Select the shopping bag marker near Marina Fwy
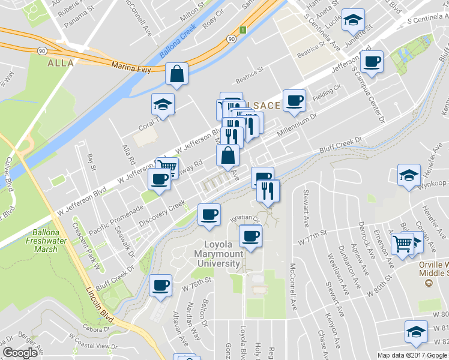[x=177, y=76]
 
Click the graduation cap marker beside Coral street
[x=163, y=106]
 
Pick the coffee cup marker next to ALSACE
[x=294, y=101]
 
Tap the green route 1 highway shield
[x=242, y=30]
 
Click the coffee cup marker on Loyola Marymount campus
[x=250, y=236]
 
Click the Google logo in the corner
[x=20, y=353]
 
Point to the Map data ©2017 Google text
[x=412, y=355]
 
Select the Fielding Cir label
[x=327, y=92]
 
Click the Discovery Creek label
[x=161, y=214]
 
